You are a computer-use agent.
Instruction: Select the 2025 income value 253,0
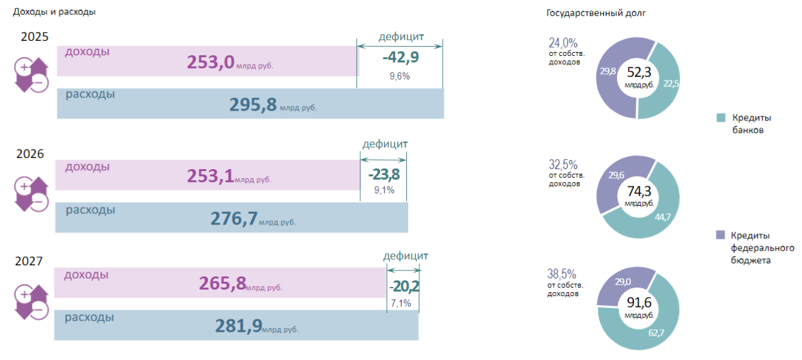click(x=211, y=62)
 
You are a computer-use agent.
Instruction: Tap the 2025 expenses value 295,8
click(x=253, y=105)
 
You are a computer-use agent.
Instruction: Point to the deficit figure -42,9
click(x=400, y=57)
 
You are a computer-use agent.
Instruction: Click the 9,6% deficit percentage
click(x=400, y=76)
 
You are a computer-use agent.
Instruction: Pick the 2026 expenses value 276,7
click(x=234, y=219)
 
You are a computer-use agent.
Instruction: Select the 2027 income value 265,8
click(x=223, y=284)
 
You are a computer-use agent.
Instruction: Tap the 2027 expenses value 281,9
click(x=239, y=325)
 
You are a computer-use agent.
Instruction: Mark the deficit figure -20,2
click(x=404, y=286)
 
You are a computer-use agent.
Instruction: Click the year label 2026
click(x=31, y=154)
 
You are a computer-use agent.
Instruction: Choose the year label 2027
click(x=29, y=261)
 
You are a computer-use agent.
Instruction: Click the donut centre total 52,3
click(x=639, y=72)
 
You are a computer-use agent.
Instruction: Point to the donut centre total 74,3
click(x=639, y=191)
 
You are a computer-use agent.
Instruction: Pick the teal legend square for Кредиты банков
click(x=721, y=118)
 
